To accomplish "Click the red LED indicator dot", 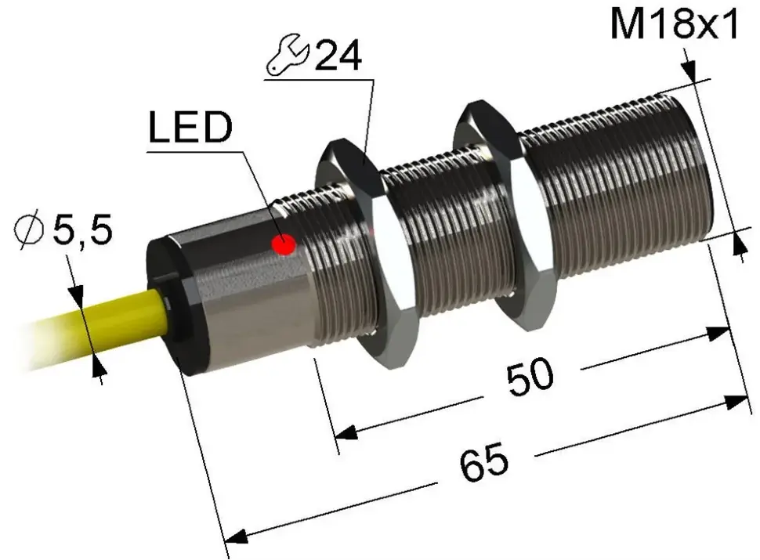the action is coord(284,244).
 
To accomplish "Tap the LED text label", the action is coord(190,127).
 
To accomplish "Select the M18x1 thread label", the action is coord(675,23).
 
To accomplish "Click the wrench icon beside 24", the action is coord(287,55).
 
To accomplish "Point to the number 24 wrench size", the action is coord(338,56).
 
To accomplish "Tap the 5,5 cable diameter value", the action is coord(82,229).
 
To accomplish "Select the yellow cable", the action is coord(97,330).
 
